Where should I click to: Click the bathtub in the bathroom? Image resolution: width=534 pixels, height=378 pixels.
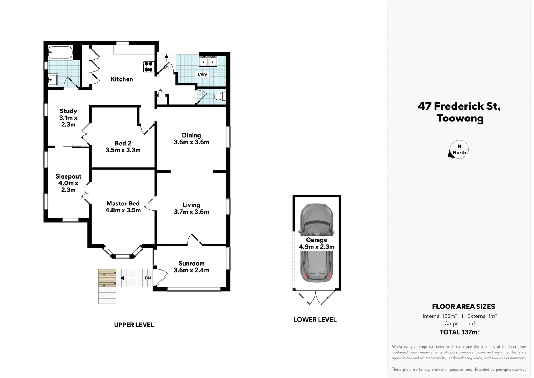(60, 53)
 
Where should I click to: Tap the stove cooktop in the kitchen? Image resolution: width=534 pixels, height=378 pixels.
(149, 66)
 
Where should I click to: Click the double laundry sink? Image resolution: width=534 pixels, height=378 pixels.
(208, 62)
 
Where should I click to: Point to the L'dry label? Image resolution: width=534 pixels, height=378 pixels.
(202, 74)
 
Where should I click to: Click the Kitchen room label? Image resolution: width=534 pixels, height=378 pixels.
(122, 79)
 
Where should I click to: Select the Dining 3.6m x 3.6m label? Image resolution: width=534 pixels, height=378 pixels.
(192, 139)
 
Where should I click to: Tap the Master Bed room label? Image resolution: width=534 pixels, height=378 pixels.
(123, 207)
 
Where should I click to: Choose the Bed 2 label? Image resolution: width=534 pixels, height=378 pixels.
(123, 147)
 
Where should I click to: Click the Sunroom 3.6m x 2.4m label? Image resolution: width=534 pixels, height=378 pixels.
(192, 267)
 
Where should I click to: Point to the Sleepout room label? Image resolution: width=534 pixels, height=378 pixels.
(68, 183)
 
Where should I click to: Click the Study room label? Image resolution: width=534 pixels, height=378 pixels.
(68, 118)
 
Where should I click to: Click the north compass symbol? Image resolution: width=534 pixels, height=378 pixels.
(459, 150)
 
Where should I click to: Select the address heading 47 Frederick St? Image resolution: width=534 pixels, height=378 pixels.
(459, 106)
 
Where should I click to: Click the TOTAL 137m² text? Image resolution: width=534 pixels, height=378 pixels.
(459, 332)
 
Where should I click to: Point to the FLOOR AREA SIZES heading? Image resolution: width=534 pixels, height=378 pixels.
(463, 307)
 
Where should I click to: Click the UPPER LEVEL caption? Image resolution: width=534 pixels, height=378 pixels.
(134, 325)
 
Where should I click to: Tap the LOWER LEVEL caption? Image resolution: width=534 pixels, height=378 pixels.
(315, 320)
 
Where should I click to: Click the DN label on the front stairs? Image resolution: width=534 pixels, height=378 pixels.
(148, 278)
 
